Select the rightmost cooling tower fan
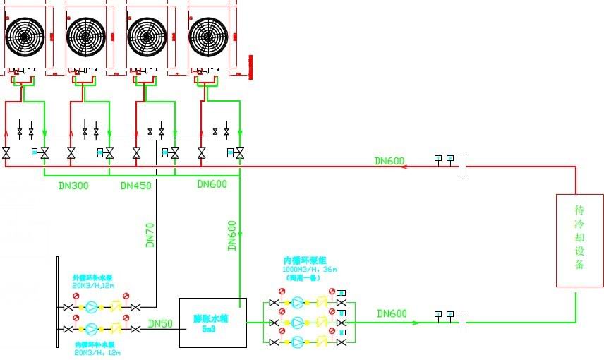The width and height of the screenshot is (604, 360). (x=210, y=34)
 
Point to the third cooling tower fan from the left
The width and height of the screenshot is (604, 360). (x=148, y=34)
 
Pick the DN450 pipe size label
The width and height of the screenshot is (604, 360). (x=136, y=186)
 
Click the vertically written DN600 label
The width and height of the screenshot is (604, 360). (x=233, y=236)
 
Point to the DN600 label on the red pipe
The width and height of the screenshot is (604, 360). (x=389, y=162)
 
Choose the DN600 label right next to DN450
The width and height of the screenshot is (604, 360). (x=212, y=185)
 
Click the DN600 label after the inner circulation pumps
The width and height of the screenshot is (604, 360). (x=392, y=313)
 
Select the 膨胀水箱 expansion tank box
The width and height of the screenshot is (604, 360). (x=212, y=322)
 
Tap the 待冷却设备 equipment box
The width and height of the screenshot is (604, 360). (x=579, y=240)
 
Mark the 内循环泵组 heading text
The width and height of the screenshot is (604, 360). (x=301, y=260)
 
